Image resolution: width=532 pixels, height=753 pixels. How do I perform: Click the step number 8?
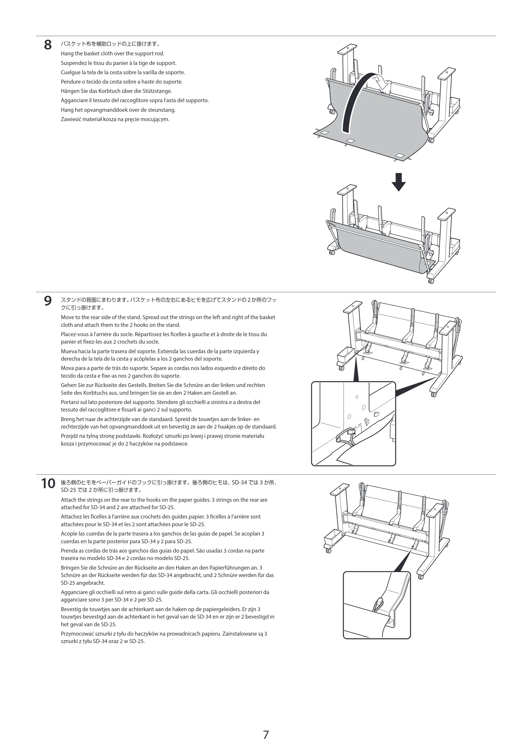(x=48, y=45)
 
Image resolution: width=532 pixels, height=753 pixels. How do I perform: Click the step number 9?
(x=48, y=301)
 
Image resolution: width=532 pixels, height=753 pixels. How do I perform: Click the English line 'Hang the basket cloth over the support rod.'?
(x=113, y=54)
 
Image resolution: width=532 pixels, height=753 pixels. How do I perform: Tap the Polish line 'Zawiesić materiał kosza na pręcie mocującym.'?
(x=115, y=119)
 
